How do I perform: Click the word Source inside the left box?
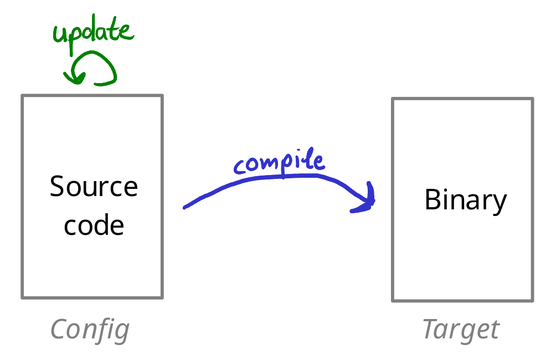pos(94,187)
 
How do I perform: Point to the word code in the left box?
pos(94,225)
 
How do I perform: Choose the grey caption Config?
pos(90,330)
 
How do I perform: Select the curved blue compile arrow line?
pos(277,178)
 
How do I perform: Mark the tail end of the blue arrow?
pos(185,208)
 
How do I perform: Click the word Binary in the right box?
pos(465,200)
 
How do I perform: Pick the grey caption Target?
pos(461,330)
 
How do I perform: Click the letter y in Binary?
pos(499,203)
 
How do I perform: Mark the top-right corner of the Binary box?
pos(532,99)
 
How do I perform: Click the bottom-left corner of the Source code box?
pos(23,297)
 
